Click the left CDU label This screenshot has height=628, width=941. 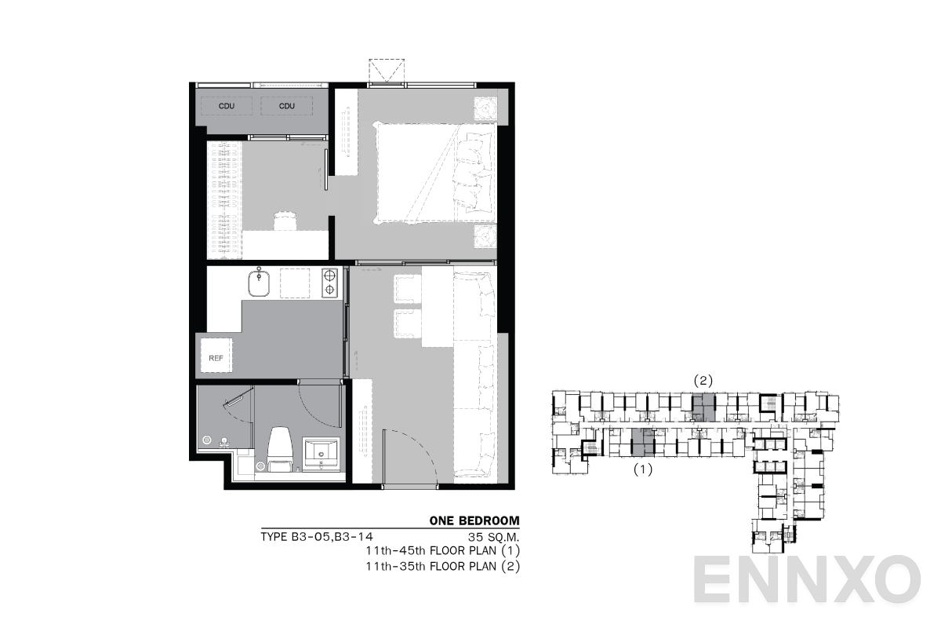tap(226, 106)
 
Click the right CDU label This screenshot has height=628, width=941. tap(287, 106)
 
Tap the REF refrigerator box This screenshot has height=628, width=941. tap(216, 357)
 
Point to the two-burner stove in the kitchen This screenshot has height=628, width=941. tap(330, 283)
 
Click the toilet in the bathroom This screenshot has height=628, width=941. tap(280, 450)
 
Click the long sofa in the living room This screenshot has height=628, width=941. tap(474, 373)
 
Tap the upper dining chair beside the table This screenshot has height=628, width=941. tap(408, 289)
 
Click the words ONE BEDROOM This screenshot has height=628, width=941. tap(474, 520)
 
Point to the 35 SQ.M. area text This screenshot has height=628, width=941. tap(493, 538)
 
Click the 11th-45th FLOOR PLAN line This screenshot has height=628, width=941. tap(442, 551)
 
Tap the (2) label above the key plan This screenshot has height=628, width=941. tap(703, 381)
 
